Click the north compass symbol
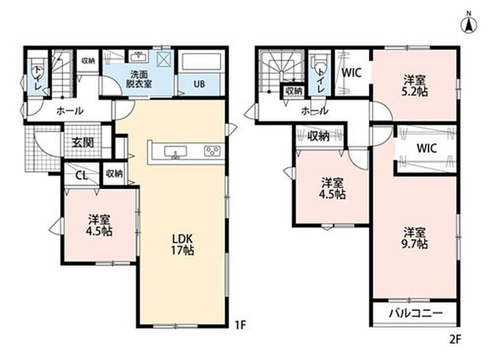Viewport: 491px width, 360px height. tap(469, 23)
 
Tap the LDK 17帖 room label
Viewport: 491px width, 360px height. tap(182, 245)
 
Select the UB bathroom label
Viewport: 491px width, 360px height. tap(199, 84)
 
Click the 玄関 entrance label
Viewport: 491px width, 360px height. tap(83, 143)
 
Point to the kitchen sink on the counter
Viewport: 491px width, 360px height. tap(175, 152)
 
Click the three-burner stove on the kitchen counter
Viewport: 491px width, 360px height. tap(212, 151)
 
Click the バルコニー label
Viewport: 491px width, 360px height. tap(415, 313)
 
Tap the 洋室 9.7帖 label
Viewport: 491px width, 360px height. tap(415, 238)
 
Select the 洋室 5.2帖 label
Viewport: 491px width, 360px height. tap(415, 85)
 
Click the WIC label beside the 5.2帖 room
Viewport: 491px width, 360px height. tap(351, 73)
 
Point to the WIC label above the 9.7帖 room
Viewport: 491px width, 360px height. tap(427, 148)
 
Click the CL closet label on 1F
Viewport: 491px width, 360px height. tap(81, 175)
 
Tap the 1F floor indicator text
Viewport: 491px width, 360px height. tap(241, 325)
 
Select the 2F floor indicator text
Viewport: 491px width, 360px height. tap(455, 340)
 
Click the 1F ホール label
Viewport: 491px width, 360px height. tap(70, 111)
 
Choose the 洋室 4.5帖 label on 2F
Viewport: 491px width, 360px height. tap(332, 188)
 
